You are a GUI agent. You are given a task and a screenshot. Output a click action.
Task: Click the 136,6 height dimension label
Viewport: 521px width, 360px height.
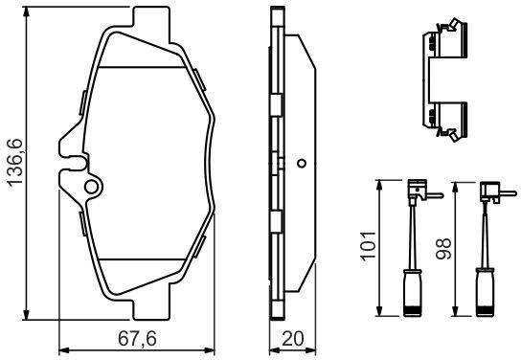point(15,162)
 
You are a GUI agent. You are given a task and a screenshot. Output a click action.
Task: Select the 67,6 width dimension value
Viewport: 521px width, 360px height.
point(137,339)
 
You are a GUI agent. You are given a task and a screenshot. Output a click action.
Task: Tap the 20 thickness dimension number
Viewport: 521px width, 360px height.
point(292,339)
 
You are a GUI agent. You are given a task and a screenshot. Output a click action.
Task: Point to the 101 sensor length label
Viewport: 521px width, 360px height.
point(369,246)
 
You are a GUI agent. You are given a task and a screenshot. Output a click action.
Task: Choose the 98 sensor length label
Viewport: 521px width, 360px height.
point(444,248)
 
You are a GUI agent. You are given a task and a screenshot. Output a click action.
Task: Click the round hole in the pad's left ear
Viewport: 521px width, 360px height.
point(91,187)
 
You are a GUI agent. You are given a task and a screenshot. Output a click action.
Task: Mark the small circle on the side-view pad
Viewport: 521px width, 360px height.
point(302,164)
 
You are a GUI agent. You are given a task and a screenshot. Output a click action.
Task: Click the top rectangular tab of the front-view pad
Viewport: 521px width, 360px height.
point(152,24)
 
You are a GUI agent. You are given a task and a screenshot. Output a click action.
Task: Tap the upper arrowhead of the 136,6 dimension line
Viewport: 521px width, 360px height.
point(26,11)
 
